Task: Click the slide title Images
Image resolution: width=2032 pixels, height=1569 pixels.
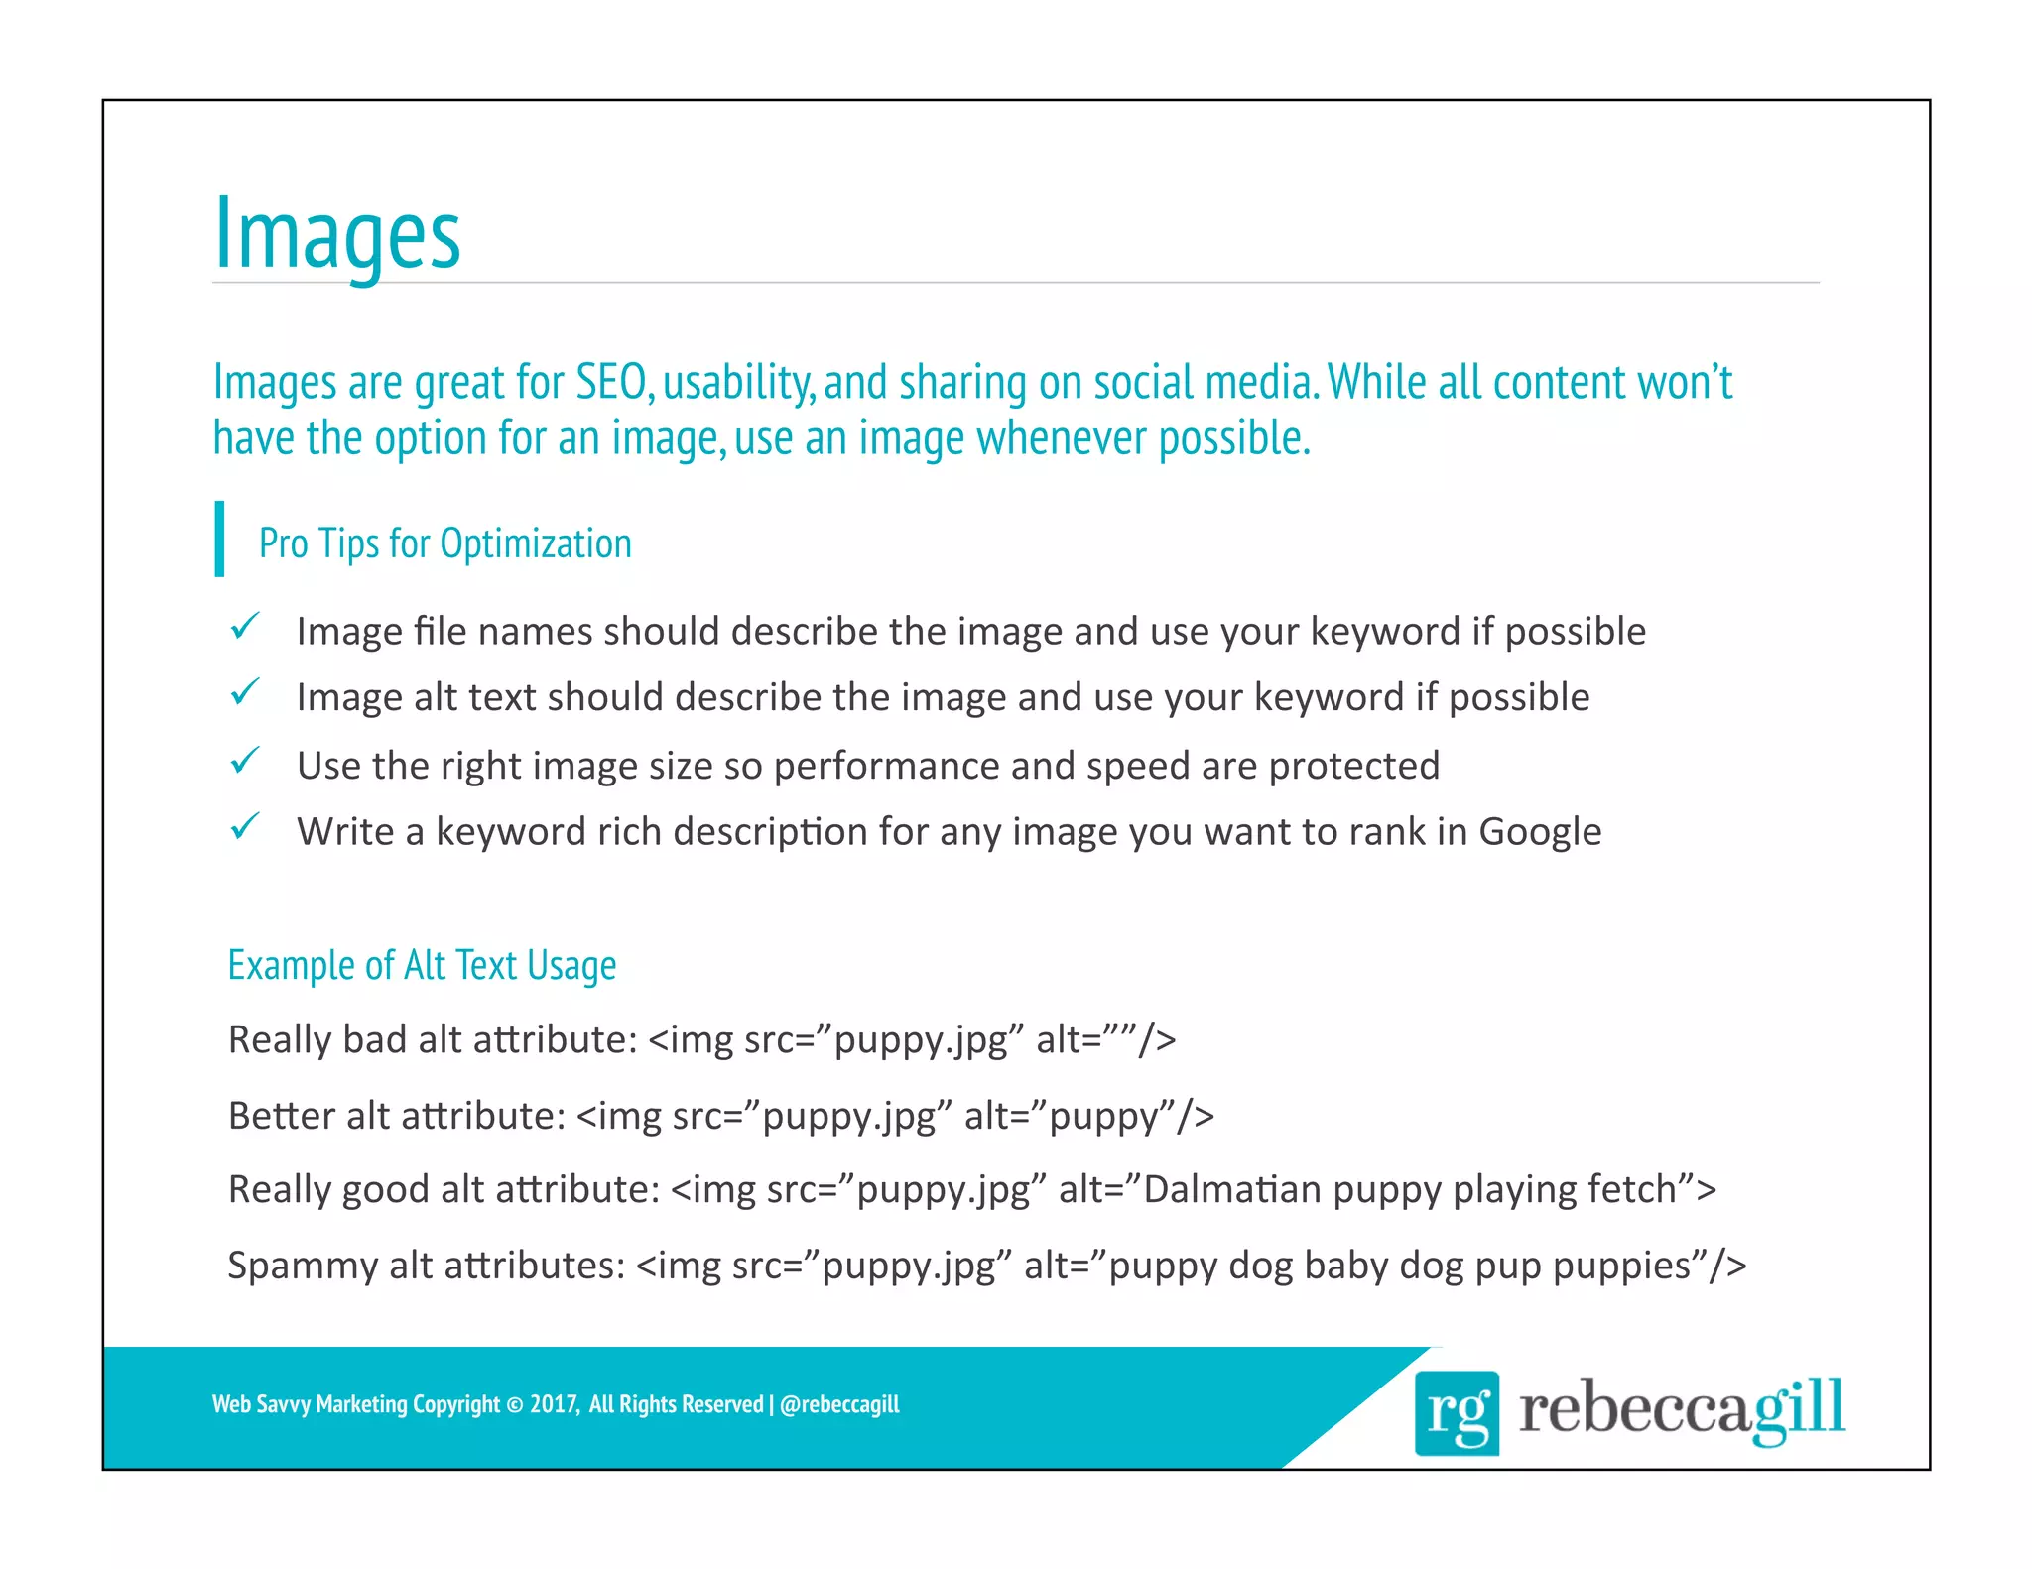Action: click(337, 235)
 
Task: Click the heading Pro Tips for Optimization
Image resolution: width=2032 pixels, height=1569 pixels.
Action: click(444, 543)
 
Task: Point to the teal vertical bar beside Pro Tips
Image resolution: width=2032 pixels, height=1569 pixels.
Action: click(219, 539)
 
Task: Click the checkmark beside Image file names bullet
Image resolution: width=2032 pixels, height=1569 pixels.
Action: click(244, 627)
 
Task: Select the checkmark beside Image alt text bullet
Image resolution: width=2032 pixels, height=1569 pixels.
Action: click(244, 692)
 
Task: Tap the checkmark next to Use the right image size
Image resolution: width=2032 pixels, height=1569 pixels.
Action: click(244, 761)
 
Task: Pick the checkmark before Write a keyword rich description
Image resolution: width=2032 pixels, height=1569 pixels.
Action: click(244, 826)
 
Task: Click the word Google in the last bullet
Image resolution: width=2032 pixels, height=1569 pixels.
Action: click(1540, 832)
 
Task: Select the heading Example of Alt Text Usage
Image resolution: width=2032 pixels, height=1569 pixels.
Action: click(422, 965)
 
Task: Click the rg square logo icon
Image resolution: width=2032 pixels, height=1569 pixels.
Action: click(1456, 1412)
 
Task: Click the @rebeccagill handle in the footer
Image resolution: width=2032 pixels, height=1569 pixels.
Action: click(839, 1404)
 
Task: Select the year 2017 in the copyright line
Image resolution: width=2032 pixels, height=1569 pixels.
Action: click(553, 1404)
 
